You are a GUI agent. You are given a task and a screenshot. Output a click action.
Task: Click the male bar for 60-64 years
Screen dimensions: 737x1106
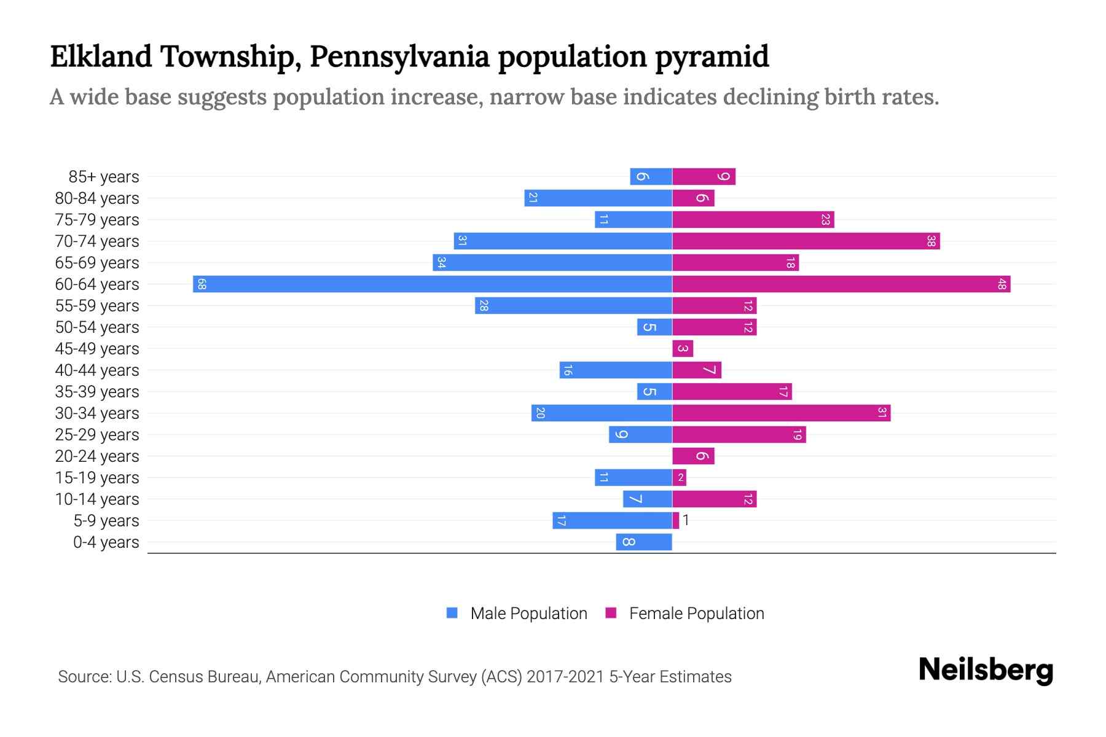coord(433,284)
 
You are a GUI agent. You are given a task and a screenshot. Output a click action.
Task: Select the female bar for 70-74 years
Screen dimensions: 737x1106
coord(806,241)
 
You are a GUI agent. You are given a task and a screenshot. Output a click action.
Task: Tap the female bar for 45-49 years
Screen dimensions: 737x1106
coord(683,348)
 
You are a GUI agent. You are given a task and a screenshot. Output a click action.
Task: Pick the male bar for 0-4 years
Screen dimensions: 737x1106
coord(644,542)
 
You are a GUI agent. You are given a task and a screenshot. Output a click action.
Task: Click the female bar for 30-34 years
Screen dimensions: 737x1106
coord(782,413)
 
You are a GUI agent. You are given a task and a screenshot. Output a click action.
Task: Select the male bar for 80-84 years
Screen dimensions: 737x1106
coord(598,198)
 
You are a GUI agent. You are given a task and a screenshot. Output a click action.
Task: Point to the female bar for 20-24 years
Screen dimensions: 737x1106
coord(693,456)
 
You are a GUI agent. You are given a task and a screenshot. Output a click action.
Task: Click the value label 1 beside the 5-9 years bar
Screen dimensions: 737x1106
coord(686,520)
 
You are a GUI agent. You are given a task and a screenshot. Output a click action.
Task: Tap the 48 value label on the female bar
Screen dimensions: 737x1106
coord(1002,284)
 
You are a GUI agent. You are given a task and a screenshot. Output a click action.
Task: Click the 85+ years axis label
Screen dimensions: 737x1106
coord(104,177)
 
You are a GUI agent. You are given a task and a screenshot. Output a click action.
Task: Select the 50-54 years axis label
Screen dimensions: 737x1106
coord(97,327)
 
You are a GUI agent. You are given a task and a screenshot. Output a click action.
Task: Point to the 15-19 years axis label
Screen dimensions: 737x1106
coord(97,478)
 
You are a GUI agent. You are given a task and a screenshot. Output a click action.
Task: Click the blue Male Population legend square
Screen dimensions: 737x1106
coord(452,613)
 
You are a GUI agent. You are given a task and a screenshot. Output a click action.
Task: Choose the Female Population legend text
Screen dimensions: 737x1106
coord(696,613)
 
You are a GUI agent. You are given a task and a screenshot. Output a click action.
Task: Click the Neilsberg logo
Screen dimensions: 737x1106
coord(986,669)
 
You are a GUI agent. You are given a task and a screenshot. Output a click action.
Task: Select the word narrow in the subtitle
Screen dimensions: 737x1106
coord(527,97)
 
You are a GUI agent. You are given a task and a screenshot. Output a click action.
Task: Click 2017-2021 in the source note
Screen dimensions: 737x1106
coord(565,677)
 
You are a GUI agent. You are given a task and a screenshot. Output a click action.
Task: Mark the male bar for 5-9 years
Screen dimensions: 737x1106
coord(612,520)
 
